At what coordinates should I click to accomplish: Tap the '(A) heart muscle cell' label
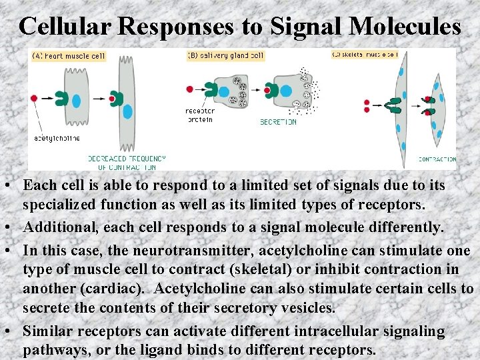point(69,56)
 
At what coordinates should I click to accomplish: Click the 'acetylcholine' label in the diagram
point(57,139)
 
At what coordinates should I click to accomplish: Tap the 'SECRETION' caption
point(278,123)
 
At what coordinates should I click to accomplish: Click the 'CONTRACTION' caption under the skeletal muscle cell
point(437,160)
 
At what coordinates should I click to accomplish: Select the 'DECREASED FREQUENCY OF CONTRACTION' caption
point(127,163)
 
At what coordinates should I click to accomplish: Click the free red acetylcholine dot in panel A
point(34,99)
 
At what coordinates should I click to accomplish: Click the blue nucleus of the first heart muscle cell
point(75,101)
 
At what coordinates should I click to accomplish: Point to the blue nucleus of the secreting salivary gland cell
point(286,90)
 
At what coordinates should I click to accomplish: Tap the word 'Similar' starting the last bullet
point(48,331)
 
